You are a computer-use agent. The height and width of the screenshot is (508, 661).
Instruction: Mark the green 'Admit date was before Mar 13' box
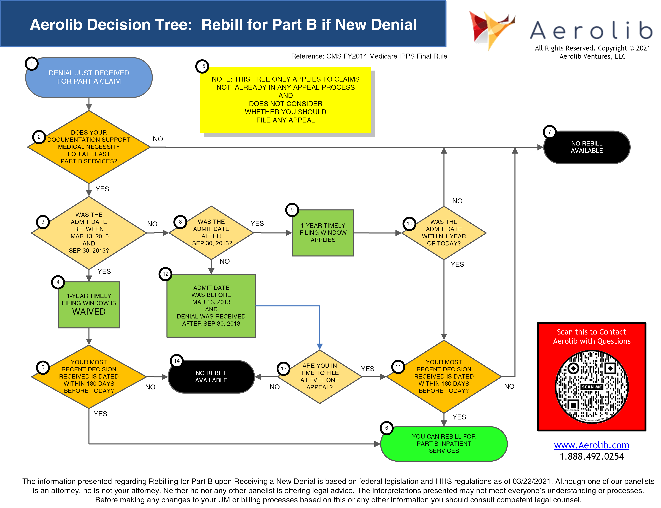(x=211, y=305)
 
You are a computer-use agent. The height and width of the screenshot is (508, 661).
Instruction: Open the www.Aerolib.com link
(x=591, y=445)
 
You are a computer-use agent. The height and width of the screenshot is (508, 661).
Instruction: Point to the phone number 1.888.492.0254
(x=591, y=456)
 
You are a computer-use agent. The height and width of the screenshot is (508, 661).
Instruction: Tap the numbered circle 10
(x=409, y=223)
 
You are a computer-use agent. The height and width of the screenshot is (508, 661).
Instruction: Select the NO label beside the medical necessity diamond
(x=157, y=139)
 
